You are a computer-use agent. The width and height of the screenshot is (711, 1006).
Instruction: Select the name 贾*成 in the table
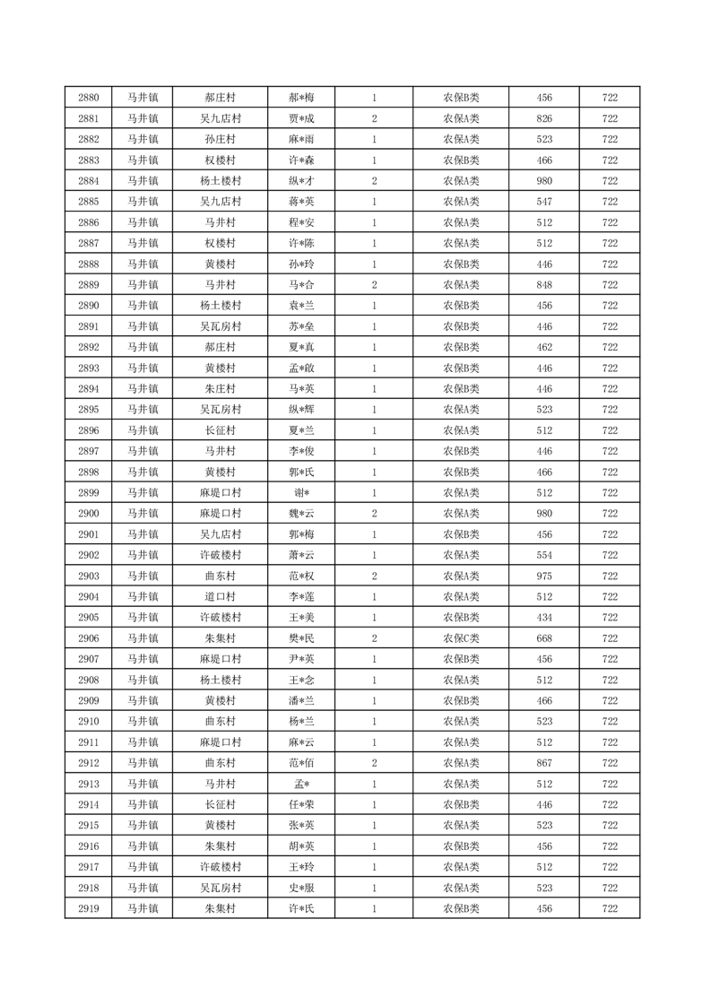click(301, 118)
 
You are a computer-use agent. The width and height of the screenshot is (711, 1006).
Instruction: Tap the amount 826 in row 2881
click(543, 118)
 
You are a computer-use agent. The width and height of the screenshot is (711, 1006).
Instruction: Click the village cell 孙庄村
click(220, 139)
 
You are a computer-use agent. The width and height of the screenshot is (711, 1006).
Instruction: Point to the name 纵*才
click(301, 181)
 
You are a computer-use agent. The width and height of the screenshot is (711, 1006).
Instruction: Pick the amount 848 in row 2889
click(543, 285)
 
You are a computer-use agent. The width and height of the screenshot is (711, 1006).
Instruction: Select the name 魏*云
click(301, 514)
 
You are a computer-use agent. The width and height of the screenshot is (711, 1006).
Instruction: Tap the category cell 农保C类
click(461, 638)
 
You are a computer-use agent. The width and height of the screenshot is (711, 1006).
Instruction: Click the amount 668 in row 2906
click(543, 638)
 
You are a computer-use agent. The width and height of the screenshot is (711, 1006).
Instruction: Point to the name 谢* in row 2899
click(301, 493)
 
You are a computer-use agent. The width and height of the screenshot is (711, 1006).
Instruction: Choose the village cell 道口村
click(220, 597)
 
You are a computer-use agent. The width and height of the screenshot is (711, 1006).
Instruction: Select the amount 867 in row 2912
click(543, 763)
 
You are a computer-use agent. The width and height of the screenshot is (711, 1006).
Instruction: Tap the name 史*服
click(301, 888)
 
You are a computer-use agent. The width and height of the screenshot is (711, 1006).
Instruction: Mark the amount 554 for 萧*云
click(543, 555)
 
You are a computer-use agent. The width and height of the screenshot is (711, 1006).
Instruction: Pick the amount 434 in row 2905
click(543, 618)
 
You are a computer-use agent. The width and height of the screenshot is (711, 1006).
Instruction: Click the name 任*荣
click(301, 805)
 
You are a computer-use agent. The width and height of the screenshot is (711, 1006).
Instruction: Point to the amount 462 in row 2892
click(543, 347)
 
